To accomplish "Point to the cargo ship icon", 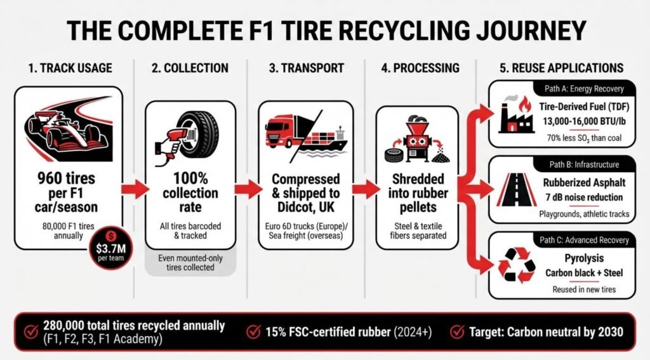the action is click(323, 143).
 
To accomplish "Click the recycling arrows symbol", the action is click(517, 265).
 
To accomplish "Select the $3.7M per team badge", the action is click(111, 248).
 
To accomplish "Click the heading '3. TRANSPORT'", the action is click(307, 68).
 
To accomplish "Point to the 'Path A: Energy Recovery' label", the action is click(584, 89).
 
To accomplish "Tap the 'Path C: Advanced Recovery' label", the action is click(584, 240).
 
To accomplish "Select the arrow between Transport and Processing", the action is click(366, 189).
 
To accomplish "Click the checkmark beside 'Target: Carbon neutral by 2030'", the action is click(457, 332).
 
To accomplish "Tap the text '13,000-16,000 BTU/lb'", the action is click(584, 121).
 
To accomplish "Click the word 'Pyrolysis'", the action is click(584, 259).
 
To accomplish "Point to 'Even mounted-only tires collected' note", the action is click(190, 263).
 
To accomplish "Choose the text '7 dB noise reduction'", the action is click(584, 197).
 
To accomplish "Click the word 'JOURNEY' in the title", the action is click(531, 30).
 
